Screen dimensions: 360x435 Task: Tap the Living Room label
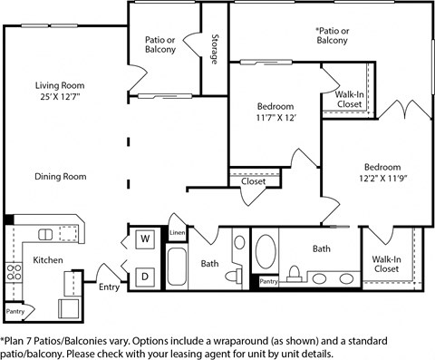pos(60,85)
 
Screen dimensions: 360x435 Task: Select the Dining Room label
pos(61,177)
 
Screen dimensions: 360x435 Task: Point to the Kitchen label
pos(48,259)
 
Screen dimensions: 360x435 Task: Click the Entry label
pos(109,287)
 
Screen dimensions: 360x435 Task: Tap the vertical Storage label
pos(214,50)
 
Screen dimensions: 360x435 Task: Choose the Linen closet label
pos(177,233)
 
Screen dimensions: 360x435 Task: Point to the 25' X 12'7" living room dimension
pos(60,97)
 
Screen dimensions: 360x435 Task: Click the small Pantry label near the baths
pos(269,282)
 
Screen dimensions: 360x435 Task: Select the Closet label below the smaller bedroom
pos(253,181)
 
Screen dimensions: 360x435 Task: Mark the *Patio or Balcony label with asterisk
pos(332,34)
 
